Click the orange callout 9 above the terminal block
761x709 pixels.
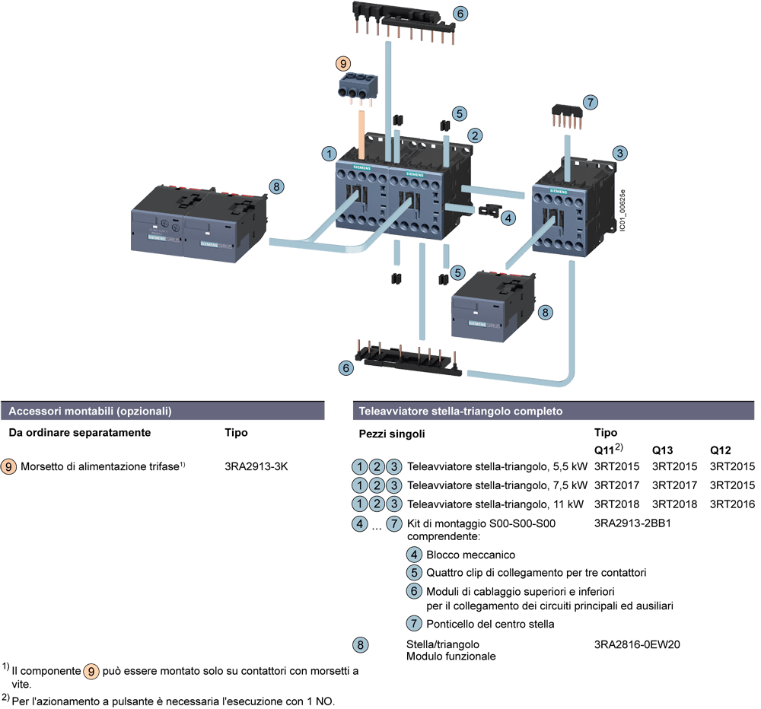coord(343,64)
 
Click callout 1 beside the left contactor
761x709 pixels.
coord(329,154)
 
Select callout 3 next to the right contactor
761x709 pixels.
coord(621,154)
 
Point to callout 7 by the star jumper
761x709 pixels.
coord(590,101)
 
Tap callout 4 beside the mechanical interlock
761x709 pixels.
coord(508,217)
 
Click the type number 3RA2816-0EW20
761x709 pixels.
coord(636,645)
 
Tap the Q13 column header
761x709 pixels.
coord(662,449)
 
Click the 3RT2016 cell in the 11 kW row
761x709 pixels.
coord(731,504)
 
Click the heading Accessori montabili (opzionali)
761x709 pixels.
coord(90,412)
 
